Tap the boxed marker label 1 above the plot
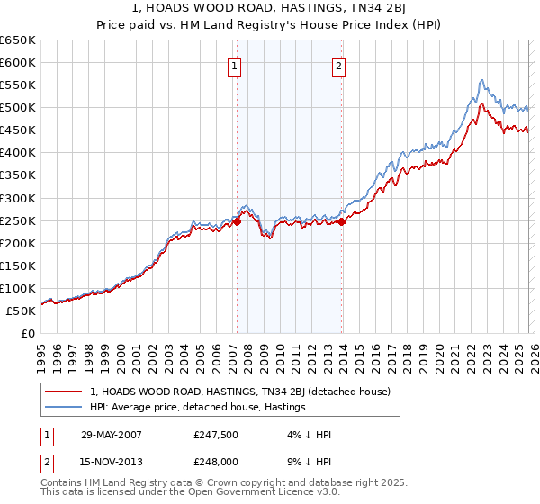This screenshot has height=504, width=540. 235,65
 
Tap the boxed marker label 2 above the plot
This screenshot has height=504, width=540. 339,65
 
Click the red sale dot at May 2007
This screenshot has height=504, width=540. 237,220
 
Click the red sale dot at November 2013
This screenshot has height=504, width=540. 342,220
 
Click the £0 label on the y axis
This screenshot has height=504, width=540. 27,334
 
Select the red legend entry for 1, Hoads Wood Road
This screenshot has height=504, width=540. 239,391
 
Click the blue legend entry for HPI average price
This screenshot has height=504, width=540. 198,408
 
